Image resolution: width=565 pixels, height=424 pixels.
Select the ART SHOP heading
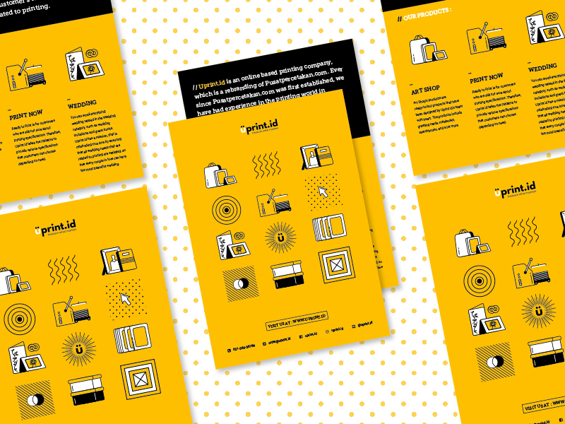[x=425, y=90]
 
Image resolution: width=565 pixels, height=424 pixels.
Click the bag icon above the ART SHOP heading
[x=426, y=51]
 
